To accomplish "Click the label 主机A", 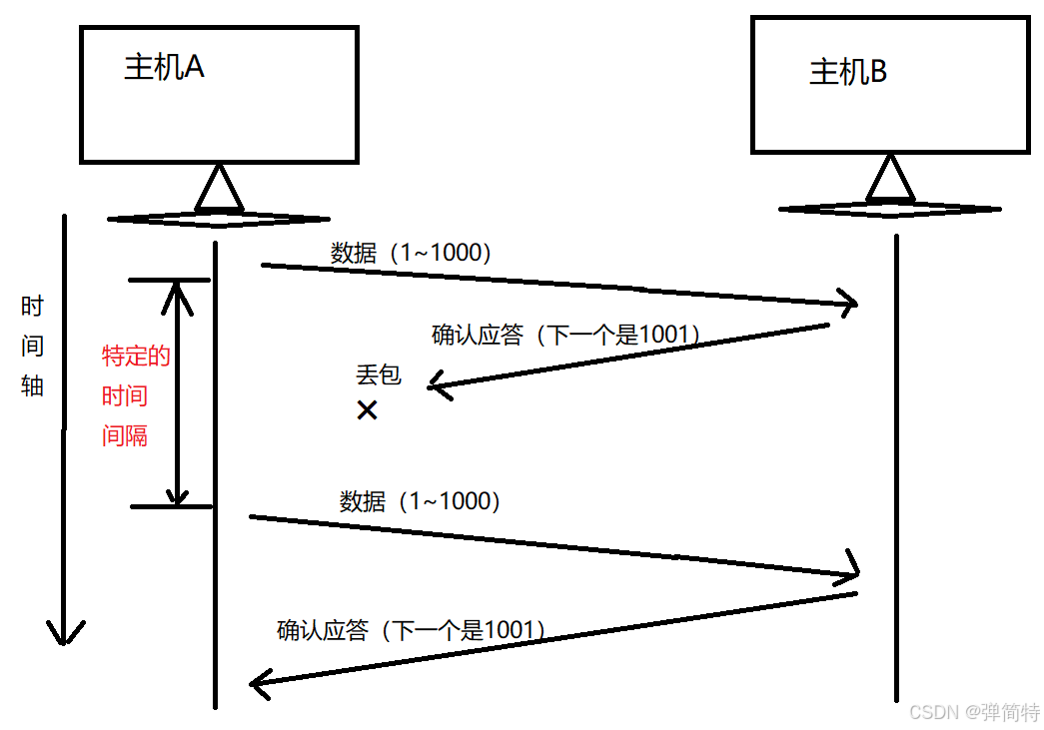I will [x=164, y=67].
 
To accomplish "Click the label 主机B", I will [x=847, y=72].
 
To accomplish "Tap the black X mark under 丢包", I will [x=367, y=409].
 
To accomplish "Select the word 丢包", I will [x=378, y=375].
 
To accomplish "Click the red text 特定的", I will [x=137, y=356].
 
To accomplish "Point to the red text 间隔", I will [x=125, y=435].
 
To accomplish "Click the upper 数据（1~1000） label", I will [x=411, y=254].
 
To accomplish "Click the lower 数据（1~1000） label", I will [x=420, y=501].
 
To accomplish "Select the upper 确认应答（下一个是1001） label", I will [x=565, y=335].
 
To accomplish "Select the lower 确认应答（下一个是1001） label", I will [x=411, y=630].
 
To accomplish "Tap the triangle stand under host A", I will [x=218, y=189].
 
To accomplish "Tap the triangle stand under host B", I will [x=889, y=181].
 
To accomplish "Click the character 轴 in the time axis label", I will [x=33, y=385].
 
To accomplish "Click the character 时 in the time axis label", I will [x=33, y=307].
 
